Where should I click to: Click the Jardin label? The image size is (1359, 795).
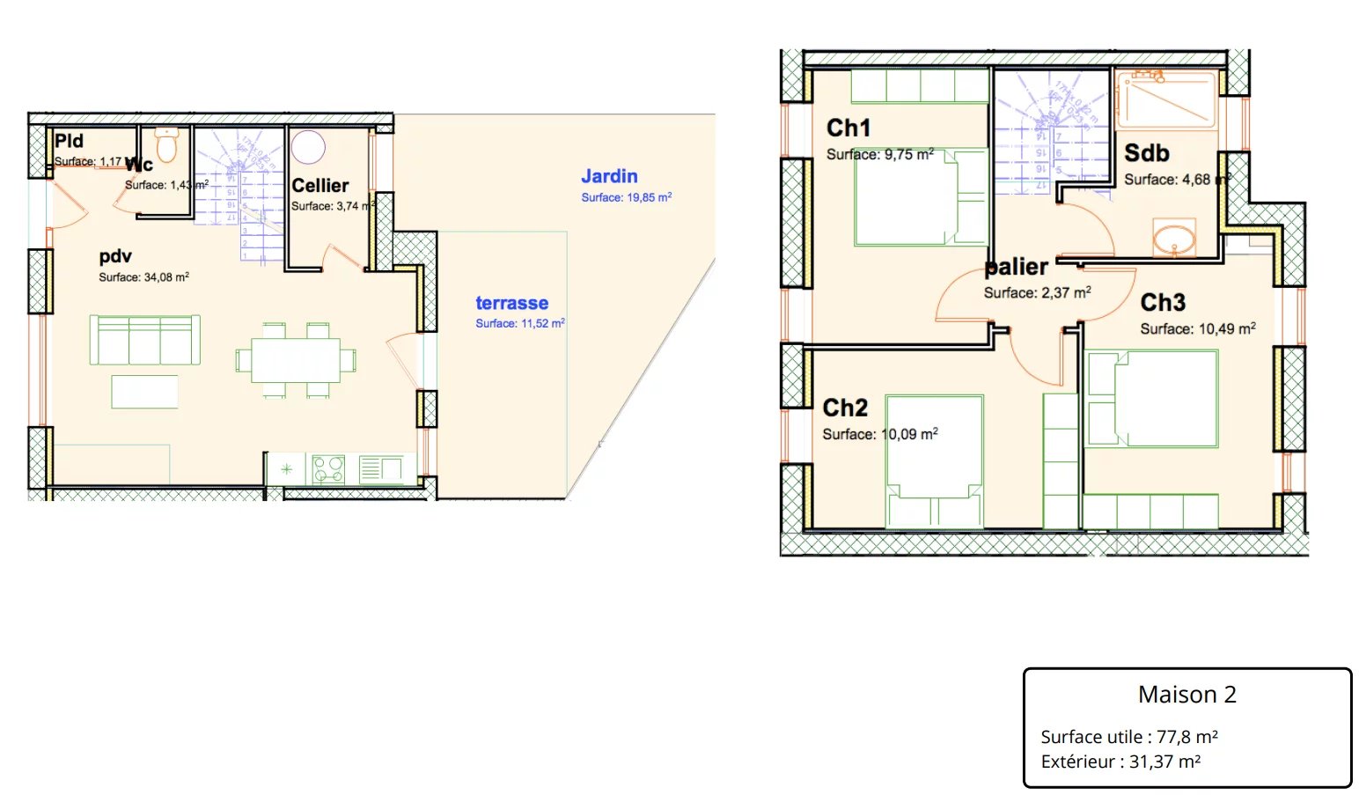[x=609, y=176]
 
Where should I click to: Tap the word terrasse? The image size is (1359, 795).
[x=511, y=303]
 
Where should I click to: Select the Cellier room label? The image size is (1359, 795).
[x=320, y=186]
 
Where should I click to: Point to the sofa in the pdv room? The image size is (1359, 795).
[x=144, y=340]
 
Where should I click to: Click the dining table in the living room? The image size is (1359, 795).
[x=296, y=360]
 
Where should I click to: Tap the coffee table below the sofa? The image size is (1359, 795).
[x=144, y=392]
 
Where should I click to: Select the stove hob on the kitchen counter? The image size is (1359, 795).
[x=329, y=468]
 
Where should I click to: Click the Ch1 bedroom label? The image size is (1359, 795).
[x=848, y=129]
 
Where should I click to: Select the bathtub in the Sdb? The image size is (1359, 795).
[x=1166, y=99]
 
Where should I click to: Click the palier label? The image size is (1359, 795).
[x=1017, y=267]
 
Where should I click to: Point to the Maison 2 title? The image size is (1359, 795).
[x=1186, y=695]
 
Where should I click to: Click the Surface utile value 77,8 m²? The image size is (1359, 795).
[x=1186, y=737]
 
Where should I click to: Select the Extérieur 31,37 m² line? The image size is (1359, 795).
[x=1120, y=762]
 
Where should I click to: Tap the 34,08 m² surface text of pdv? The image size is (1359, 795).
[x=166, y=277]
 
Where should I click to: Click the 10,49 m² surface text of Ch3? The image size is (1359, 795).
[x=1227, y=329]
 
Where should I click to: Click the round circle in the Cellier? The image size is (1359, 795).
[x=308, y=147]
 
